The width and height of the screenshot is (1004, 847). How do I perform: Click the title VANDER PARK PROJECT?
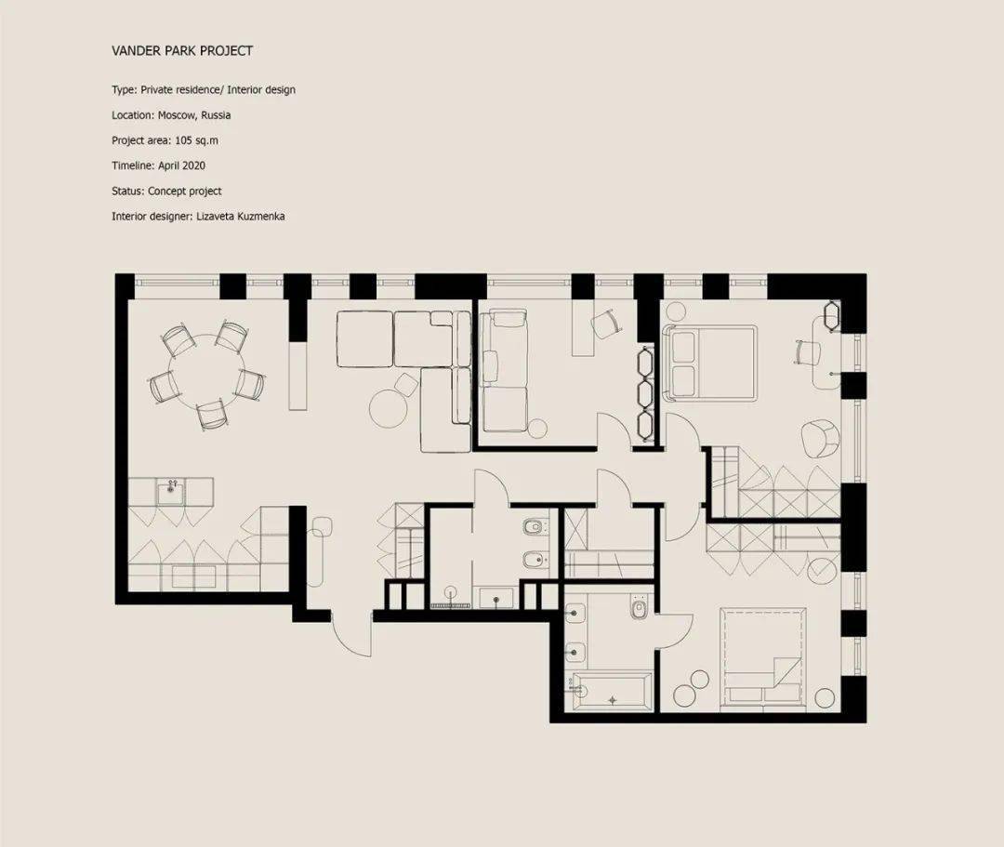(182, 50)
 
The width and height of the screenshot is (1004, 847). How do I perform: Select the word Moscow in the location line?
(177, 115)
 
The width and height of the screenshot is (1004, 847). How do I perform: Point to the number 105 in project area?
(183, 140)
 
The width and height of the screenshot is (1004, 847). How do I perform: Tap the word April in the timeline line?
(168, 165)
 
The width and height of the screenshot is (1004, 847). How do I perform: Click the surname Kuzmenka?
(260, 217)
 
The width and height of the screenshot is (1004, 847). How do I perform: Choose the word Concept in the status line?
(167, 191)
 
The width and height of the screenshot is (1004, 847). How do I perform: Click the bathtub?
(612, 691)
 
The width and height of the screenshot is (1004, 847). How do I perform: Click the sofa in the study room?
(505, 371)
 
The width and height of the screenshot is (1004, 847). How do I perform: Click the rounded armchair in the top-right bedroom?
(820, 439)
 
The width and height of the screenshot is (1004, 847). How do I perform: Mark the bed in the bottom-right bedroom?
(762, 657)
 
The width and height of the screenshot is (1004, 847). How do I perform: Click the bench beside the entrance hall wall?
(320, 550)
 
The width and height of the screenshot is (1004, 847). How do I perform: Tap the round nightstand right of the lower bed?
(824, 698)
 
